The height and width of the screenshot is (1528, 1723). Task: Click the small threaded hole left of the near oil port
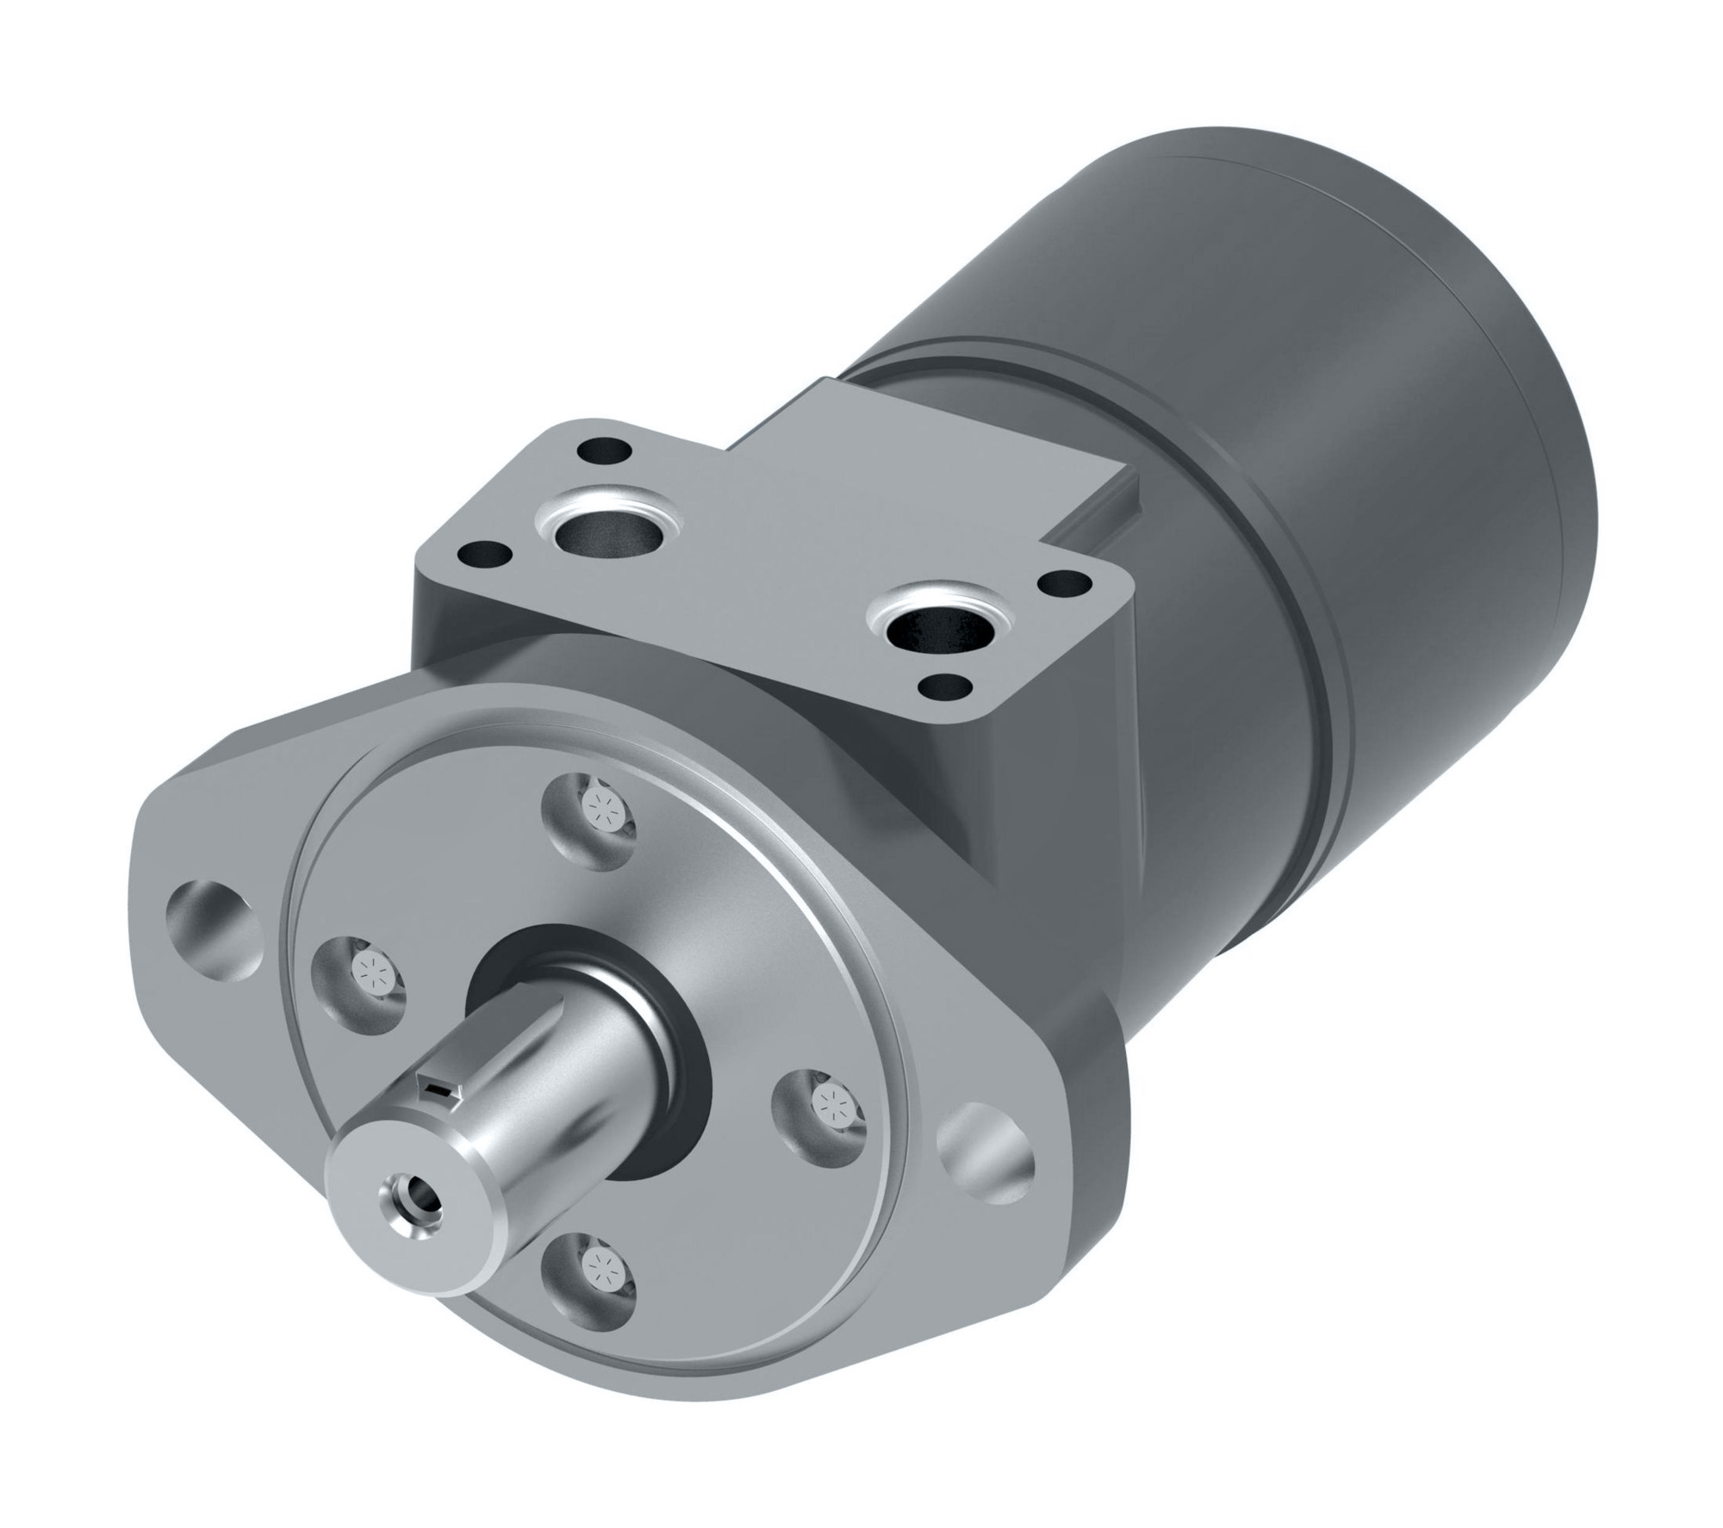[x=483, y=554]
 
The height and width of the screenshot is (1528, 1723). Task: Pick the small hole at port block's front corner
[x=943, y=687]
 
